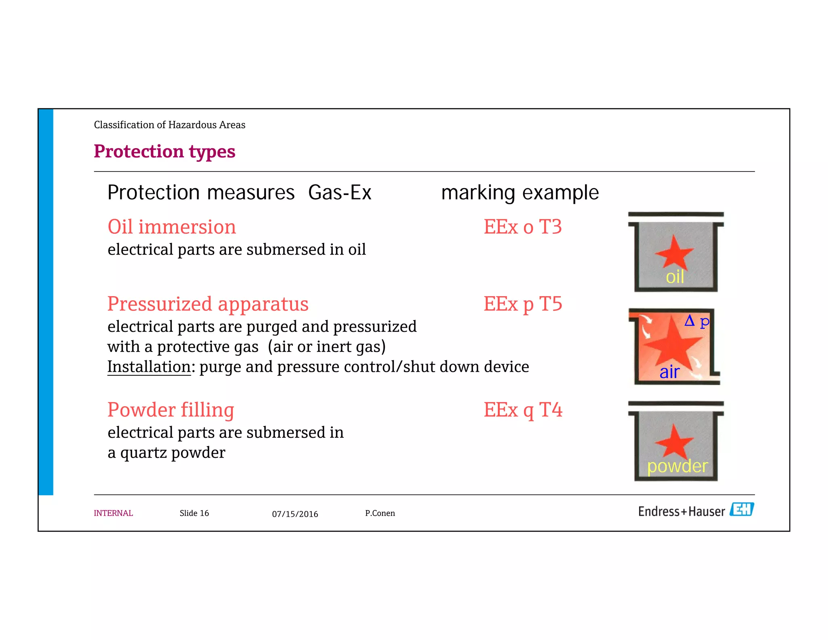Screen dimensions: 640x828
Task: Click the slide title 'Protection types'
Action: (164, 152)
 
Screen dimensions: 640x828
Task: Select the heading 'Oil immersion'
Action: (171, 227)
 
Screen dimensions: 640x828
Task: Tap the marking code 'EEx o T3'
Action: (522, 227)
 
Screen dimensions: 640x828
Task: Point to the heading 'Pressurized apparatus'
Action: (208, 304)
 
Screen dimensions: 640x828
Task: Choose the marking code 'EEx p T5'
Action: (523, 304)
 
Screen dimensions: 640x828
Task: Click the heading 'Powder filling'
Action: (171, 410)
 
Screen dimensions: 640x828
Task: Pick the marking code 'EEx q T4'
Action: (523, 410)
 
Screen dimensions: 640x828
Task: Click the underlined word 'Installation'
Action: (149, 367)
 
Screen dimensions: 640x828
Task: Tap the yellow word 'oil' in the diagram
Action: (675, 278)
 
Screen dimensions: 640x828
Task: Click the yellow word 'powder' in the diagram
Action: (677, 466)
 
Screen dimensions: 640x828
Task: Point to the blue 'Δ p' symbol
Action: (697, 322)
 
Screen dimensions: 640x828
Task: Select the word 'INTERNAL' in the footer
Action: (113, 513)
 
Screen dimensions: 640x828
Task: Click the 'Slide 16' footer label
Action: (194, 513)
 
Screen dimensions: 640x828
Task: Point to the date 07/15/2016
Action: (295, 514)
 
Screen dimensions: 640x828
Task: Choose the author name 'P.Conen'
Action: (380, 513)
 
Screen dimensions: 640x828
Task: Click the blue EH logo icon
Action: (741, 510)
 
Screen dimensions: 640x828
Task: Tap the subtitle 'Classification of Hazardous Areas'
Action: (169, 125)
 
